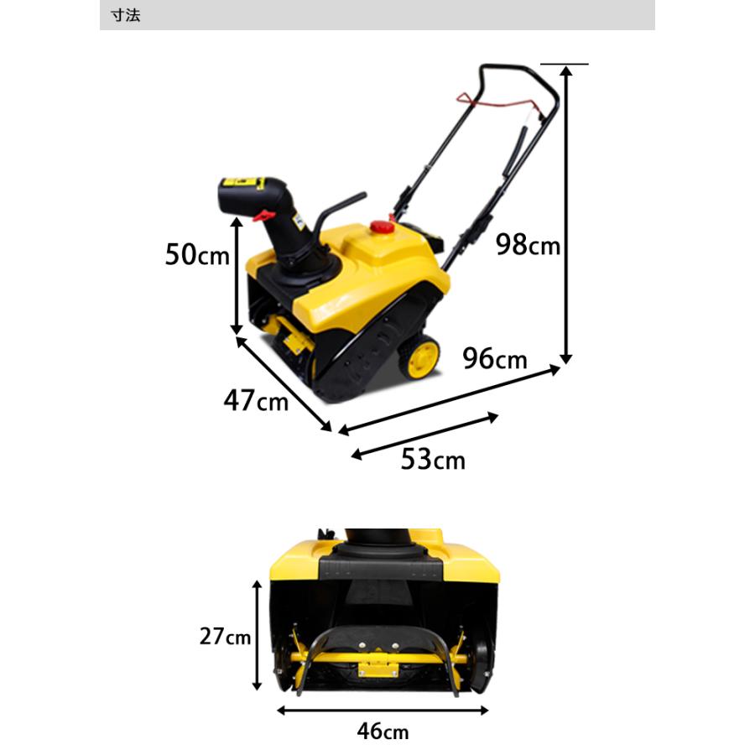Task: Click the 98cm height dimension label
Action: pyautogui.click(x=528, y=245)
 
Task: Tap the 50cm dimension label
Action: pyautogui.click(x=197, y=254)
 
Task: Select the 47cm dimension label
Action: pyautogui.click(x=256, y=400)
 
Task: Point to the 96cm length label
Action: pyautogui.click(x=494, y=359)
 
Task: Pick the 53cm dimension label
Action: pyautogui.click(x=433, y=459)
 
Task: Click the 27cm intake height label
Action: pyautogui.click(x=226, y=636)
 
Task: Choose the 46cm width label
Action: pyautogui.click(x=383, y=731)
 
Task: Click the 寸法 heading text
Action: pyautogui.click(x=126, y=15)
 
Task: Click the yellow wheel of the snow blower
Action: pyautogui.click(x=420, y=357)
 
